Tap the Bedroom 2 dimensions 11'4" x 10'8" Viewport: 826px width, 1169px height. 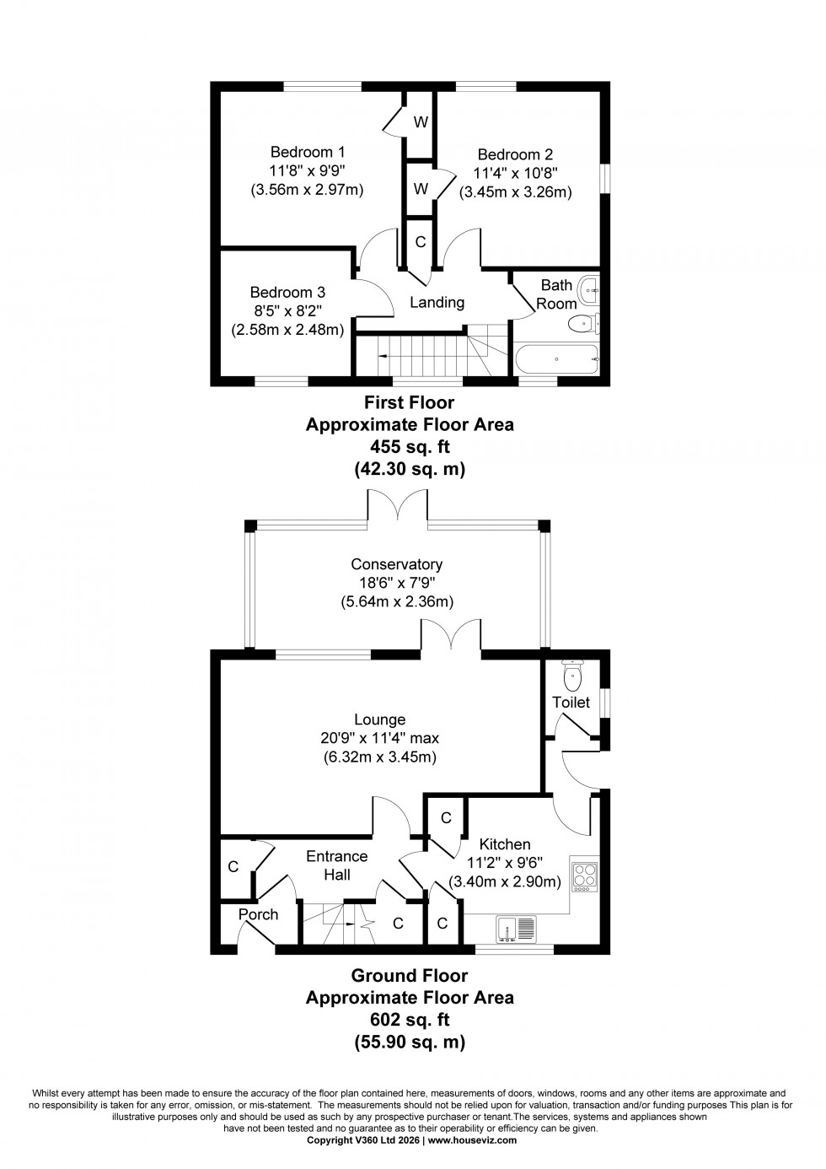pos(515,173)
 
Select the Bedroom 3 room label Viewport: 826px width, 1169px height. pos(287,293)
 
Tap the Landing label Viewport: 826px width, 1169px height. pos(437,302)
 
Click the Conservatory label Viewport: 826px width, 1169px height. pos(396,564)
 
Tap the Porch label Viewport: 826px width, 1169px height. pos(258,914)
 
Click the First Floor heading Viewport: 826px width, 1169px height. pos(409,402)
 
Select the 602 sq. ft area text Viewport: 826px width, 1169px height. pos(409,1020)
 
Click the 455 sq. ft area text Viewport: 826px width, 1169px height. pos(409,447)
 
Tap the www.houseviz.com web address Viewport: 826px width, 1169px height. pos(472,1139)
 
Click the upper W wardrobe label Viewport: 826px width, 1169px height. pos(420,122)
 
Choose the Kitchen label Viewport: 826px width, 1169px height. pos(505,843)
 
